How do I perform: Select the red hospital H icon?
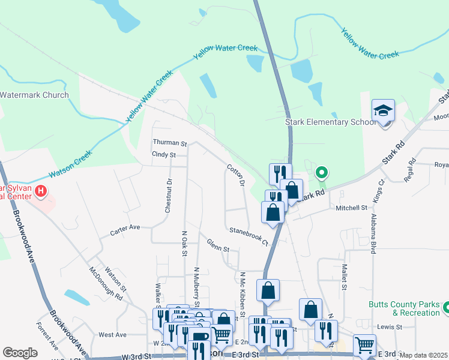41,192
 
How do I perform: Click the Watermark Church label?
34,95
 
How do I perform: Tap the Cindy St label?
163,155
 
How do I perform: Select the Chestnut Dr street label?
169,195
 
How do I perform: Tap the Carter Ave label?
124,228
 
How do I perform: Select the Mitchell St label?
351,208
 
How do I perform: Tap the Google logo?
20,353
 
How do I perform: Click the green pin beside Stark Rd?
322,173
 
